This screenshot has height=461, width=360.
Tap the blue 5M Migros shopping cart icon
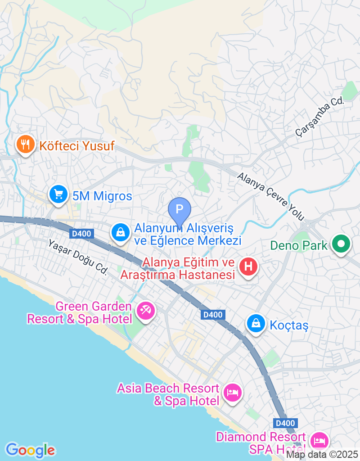(x=58, y=195)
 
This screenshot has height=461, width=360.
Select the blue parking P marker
(x=180, y=209)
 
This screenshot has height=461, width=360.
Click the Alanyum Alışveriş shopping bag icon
(x=120, y=232)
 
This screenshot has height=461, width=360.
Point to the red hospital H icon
(x=248, y=267)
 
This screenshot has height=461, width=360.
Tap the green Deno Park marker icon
(x=341, y=244)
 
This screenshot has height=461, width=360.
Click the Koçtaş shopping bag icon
(x=256, y=323)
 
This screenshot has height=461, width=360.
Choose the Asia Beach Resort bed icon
(x=233, y=393)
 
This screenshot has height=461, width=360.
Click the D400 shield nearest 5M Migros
(x=81, y=233)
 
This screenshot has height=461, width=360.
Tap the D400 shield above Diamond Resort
(x=285, y=423)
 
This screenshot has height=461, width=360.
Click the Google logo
(x=30, y=450)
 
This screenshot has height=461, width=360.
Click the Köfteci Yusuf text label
(x=77, y=146)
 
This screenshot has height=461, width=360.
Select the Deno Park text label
(x=299, y=246)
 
